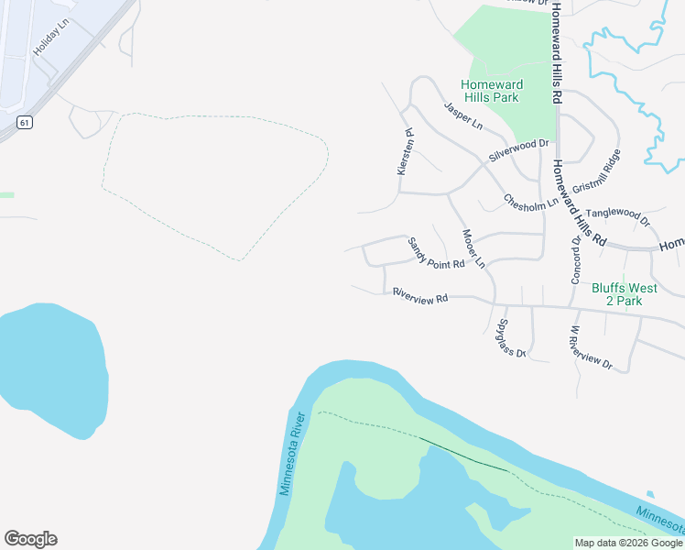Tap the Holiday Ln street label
[51, 41]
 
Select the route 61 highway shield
[25, 122]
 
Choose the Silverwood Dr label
[518, 150]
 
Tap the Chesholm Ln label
[530, 202]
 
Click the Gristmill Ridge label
[596, 170]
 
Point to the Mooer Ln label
[473, 248]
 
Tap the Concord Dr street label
[576, 258]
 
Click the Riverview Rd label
[419, 296]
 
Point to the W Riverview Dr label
[590, 347]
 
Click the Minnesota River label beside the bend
[292, 454]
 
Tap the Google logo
[30, 539]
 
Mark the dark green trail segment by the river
[463, 455]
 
